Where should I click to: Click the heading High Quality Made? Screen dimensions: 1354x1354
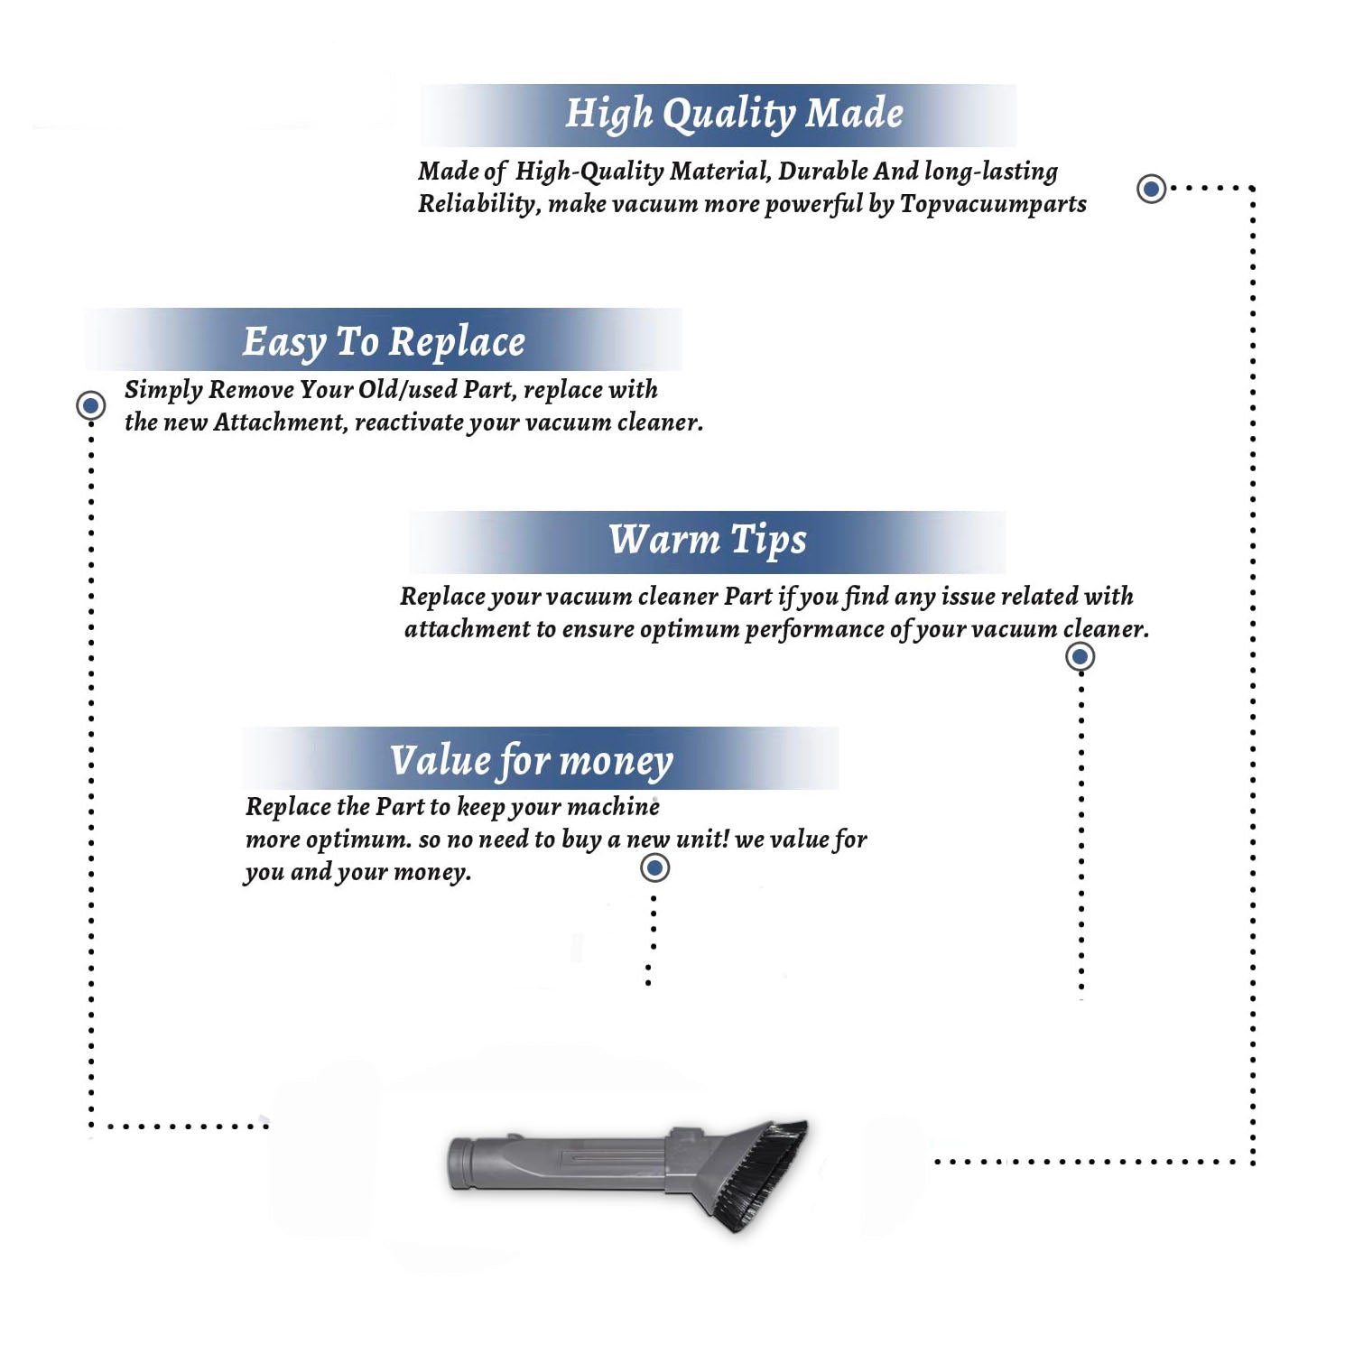(x=734, y=115)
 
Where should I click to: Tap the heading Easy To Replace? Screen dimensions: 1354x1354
(x=384, y=342)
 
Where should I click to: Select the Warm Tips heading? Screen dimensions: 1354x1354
(x=707, y=540)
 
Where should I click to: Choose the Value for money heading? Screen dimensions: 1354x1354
(x=532, y=761)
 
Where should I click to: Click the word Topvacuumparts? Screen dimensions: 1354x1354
(x=993, y=205)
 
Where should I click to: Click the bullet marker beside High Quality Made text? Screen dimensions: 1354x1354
(x=1151, y=189)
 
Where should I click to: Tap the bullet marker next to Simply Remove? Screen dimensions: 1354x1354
(x=90, y=405)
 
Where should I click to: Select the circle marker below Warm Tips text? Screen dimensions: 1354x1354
(x=1080, y=656)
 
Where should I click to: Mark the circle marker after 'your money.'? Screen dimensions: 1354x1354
(x=654, y=868)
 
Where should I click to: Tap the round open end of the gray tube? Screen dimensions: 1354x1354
(x=459, y=1164)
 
